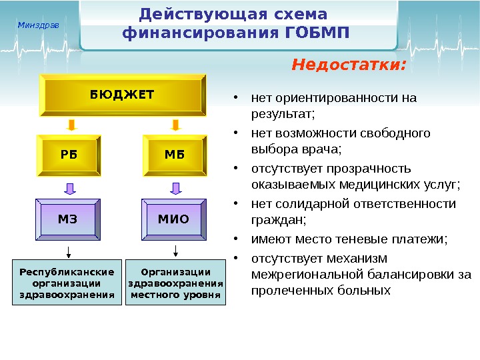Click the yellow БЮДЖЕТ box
coord(122,95)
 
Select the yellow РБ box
coord(69,155)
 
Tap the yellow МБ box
coord(174,155)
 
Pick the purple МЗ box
coord(69,219)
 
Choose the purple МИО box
coord(173,219)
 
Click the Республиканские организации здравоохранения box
coord(67,283)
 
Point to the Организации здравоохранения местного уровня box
coord(176,283)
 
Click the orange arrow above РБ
coord(71,125)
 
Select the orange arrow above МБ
coord(175,125)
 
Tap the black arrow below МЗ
coord(67,251)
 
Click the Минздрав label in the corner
coord(38,25)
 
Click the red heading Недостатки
coord(349,65)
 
